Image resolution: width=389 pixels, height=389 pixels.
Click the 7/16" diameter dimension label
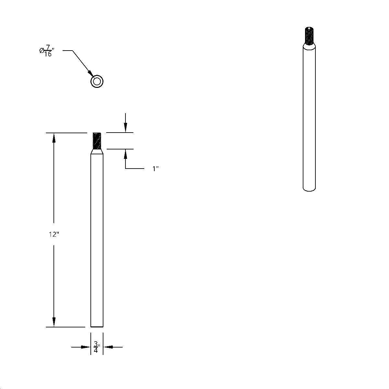click(x=47, y=51)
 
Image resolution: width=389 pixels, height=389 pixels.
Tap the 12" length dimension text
click(x=53, y=234)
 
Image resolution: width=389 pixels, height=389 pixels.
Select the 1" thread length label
click(x=155, y=169)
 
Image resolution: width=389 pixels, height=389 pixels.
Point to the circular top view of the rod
click(x=97, y=81)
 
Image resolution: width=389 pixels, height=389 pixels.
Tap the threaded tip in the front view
click(x=97, y=140)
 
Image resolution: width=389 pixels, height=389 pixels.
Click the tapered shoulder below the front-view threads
click(x=97, y=151)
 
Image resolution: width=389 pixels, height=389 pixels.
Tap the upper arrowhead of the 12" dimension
click(x=54, y=137)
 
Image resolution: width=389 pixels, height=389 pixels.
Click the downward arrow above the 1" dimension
click(x=125, y=128)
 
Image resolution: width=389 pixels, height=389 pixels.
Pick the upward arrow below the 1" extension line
click(x=125, y=154)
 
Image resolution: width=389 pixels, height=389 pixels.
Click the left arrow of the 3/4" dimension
click(x=86, y=347)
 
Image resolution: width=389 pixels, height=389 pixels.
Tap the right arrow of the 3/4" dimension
click(x=108, y=347)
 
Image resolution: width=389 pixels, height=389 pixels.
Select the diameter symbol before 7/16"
click(x=41, y=51)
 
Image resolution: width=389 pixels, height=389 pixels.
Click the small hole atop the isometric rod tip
click(x=309, y=29)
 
